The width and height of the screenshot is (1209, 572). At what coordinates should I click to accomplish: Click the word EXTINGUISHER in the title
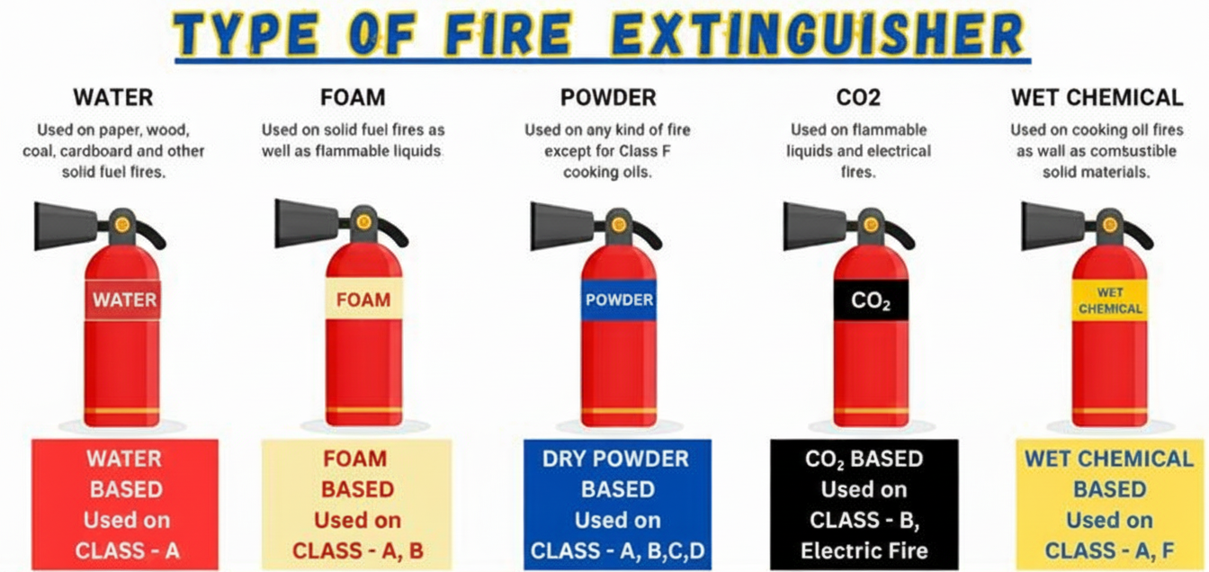coord(819,33)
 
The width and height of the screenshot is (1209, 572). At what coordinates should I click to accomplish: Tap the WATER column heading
coord(113,98)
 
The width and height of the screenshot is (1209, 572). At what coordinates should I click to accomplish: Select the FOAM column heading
coord(353,98)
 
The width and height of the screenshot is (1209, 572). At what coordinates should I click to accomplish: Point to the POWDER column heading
coord(608,98)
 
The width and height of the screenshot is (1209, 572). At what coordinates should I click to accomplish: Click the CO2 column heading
coord(858,98)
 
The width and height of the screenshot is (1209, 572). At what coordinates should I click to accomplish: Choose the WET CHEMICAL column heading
coord(1097,98)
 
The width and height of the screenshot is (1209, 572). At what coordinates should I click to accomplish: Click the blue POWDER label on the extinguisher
coord(619,300)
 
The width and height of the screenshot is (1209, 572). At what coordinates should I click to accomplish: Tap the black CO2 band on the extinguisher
coord(871,300)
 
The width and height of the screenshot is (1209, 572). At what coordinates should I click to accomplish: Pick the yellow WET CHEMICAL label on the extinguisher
coord(1110,300)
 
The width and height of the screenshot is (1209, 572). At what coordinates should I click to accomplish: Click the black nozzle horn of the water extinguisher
coord(65,227)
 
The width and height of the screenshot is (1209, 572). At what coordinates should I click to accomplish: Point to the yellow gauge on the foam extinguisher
coord(363,221)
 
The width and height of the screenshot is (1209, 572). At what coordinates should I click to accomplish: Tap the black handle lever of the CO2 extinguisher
coord(900,234)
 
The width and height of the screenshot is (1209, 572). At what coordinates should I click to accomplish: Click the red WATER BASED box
coord(125,504)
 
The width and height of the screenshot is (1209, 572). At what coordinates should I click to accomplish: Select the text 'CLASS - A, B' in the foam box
coord(358,551)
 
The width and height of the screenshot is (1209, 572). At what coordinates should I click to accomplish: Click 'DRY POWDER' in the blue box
coord(616,459)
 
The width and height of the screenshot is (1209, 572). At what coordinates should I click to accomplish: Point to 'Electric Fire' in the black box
coord(864,551)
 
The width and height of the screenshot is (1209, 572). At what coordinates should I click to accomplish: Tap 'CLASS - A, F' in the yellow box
coord(1110,551)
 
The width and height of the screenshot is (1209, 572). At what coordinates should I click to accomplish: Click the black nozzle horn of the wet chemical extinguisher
coord(1052,227)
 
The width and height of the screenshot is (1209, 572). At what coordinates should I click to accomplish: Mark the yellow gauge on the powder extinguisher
coord(619,224)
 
